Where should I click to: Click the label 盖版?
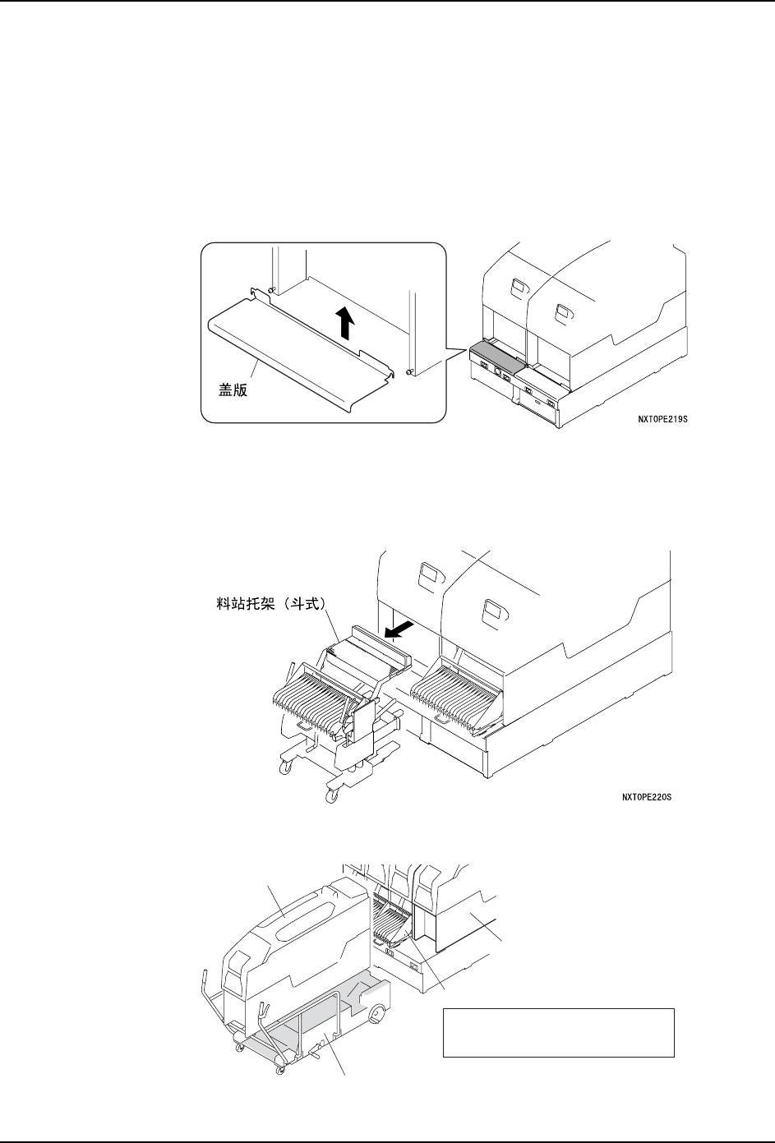[227, 391]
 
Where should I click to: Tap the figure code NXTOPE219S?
[662, 419]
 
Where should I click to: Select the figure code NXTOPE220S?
[647, 796]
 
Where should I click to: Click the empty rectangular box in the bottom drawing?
[558, 1032]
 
